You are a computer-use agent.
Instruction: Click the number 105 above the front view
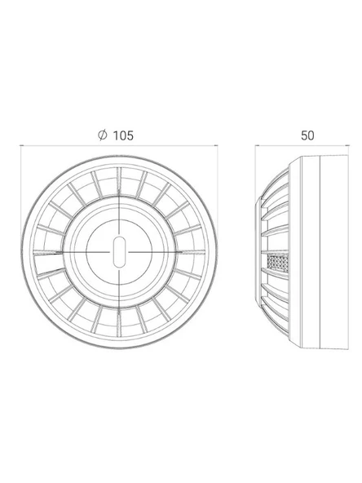coord(123,135)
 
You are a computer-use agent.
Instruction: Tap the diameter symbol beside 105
coord(103,135)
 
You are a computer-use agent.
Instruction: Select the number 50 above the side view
coord(307,135)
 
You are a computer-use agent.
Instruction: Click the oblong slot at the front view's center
coord(119,251)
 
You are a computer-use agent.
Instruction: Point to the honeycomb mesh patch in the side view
coord(278,264)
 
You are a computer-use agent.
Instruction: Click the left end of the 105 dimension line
coord(20,145)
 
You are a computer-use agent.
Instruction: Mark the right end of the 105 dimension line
coord(218,145)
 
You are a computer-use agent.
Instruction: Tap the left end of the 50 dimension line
coord(255,145)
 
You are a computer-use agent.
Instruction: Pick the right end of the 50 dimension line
coord(348,145)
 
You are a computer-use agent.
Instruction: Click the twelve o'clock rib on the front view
coord(119,181)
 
